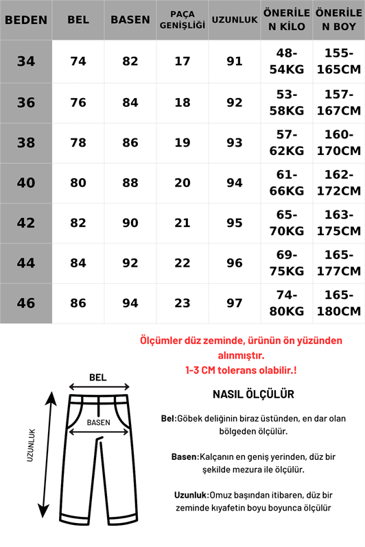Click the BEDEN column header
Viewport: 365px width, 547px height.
click(26, 20)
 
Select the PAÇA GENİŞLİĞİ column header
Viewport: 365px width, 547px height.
click(182, 20)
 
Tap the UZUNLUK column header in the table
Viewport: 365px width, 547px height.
click(235, 20)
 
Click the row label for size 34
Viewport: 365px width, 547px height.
click(26, 62)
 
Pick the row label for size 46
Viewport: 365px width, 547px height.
click(26, 303)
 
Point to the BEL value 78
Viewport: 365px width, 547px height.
click(78, 143)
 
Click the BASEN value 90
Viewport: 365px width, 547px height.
click(130, 223)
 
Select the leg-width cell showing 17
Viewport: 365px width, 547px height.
click(182, 62)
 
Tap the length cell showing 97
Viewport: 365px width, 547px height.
click(235, 303)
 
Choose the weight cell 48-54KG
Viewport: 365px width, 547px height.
click(286, 62)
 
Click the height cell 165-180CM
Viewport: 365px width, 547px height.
click(338, 303)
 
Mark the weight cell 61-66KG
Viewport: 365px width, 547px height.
click(286, 183)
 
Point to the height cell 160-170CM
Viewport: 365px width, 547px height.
click(338, 143)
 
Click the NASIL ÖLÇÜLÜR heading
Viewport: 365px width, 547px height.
click(253, 394)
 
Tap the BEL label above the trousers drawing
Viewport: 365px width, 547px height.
click(98, 377)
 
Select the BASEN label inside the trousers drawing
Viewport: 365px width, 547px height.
click(98, 423)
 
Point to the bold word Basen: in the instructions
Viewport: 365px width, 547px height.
click(185, 457)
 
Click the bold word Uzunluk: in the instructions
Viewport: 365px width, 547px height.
click(192, 494)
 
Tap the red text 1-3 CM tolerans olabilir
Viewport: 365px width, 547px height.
click(240, 369)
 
